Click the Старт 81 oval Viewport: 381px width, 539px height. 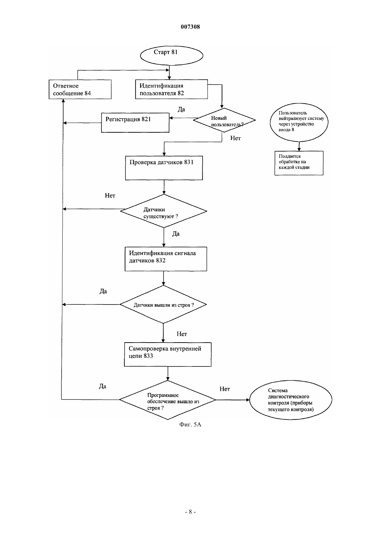click(171, 55)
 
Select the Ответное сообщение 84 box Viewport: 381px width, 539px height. click(80, 89)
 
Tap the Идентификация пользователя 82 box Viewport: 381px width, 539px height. click(171, 89)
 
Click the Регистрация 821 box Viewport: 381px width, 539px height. click(135, 123)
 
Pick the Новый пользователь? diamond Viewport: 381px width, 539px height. click(224, 120)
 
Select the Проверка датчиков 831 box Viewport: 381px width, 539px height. click(164, 168)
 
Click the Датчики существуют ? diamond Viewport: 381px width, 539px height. click(163, 211)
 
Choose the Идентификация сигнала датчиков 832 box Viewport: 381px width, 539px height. click(166, 259)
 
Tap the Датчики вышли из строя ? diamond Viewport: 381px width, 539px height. click(163, 304)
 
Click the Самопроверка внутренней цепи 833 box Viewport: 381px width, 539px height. click(168, 354)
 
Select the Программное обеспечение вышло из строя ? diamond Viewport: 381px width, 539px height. click(168, 400)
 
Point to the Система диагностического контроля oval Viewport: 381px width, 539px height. click(291, 400)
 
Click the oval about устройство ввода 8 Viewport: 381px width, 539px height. click(299, 122)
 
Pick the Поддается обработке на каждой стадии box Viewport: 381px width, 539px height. click(299, 163)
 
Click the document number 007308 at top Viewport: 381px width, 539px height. click(190, 27)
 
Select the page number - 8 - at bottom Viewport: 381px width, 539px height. click(190, 512)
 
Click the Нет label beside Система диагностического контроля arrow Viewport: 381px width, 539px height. click(225, 389)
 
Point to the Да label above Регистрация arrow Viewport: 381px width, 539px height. click(181, 109)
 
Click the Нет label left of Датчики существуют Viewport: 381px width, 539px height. click(110, 195)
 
